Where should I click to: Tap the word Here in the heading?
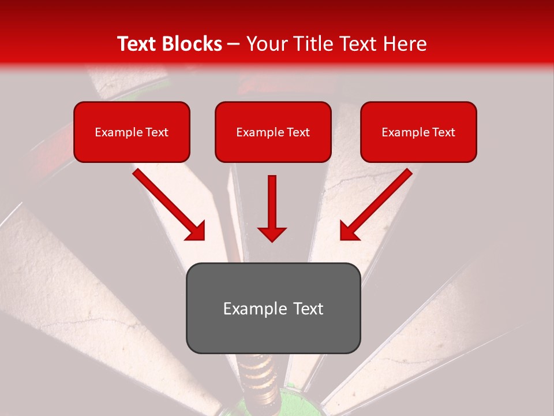(x=405, y=44)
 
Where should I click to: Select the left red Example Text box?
(x=132, y=132)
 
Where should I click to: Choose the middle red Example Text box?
(x=273, y=132)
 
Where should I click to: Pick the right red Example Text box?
(x=418, y=132)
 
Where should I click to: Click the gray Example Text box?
(x=273, y=308)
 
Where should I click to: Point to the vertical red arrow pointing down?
(x=272, y=208)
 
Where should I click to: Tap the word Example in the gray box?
(x=254, y=309)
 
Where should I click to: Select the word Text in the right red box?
(x=444, y=132)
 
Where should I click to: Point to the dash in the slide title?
(x=234, y=44)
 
